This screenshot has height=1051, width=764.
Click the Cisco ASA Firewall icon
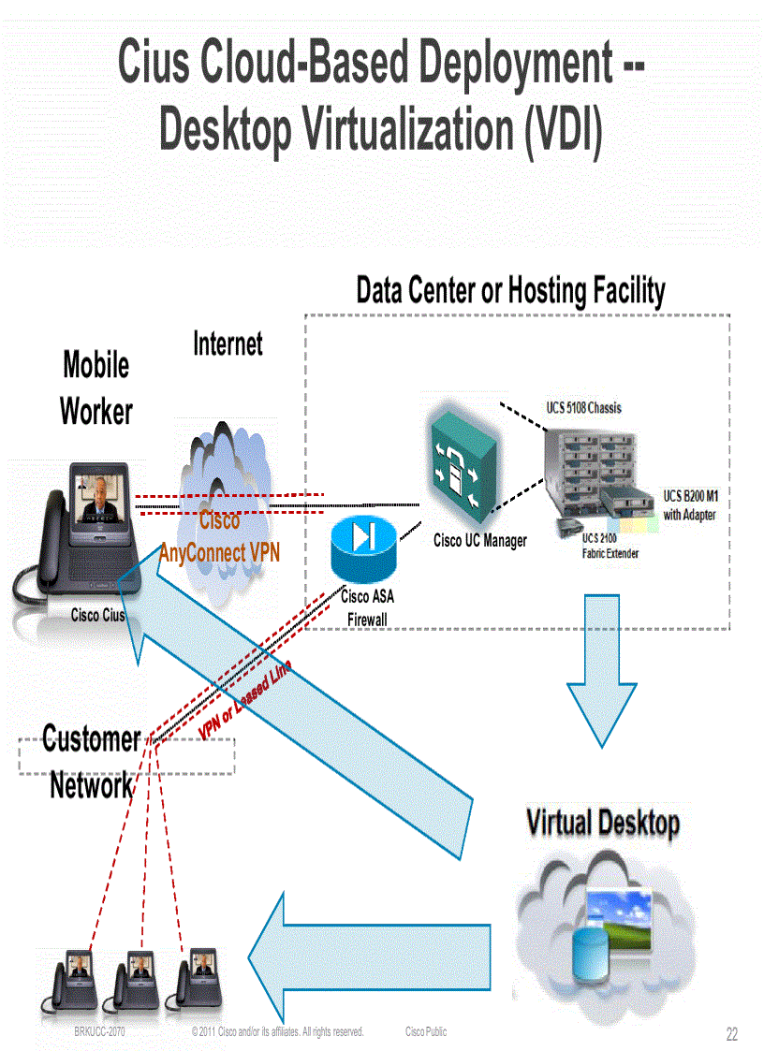363,549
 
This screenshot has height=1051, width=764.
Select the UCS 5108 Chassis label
583,408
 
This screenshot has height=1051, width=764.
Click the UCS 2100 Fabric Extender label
610,546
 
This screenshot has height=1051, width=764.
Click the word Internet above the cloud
228,343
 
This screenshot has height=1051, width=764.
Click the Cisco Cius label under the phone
98,616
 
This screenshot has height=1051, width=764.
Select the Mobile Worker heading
95,387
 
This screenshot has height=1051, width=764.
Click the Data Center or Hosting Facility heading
509,290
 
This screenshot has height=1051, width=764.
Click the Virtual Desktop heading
602,824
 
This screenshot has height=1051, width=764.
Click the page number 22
732,1034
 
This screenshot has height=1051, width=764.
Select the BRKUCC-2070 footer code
99,1031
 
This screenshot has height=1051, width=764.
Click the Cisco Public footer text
426,1031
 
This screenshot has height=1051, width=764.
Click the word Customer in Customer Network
91,739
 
